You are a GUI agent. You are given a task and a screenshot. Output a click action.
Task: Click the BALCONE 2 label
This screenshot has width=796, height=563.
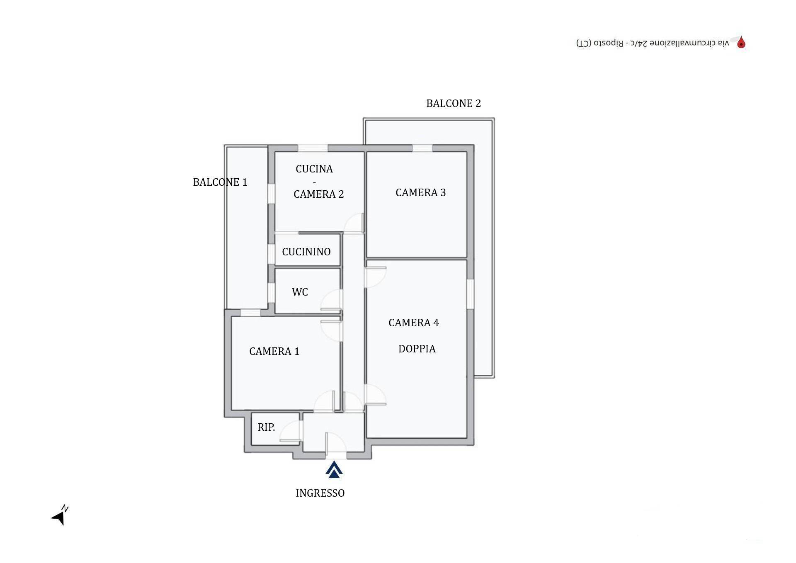click(454, 103)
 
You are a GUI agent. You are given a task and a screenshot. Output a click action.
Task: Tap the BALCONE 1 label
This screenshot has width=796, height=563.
click(220, 182)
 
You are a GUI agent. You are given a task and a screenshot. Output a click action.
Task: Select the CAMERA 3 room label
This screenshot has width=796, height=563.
click(420, 192)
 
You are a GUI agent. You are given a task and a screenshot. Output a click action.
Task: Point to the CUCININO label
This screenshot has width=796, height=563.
click(306, 252)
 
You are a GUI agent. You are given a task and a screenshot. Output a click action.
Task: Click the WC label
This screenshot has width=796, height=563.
click(300, 292)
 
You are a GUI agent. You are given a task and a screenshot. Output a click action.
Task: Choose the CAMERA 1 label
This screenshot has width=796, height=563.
click(274, 351)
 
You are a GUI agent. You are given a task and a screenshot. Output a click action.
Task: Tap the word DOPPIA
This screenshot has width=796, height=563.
click(417, 349)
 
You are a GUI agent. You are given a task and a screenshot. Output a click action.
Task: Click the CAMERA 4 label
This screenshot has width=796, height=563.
click(413, 323)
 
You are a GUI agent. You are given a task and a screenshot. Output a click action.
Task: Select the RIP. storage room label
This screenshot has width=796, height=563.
click(266, 427)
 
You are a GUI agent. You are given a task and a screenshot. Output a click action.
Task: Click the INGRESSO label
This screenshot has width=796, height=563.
click(320, 493)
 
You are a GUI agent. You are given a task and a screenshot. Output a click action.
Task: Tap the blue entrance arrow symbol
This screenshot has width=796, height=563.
click(334, 470)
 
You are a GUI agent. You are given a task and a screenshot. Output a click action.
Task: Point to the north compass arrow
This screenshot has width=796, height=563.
click(60, 516)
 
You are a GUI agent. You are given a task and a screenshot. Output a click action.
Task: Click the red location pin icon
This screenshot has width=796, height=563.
click(741, 42)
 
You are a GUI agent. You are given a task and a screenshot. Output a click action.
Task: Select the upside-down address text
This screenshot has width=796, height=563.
click(653, 43)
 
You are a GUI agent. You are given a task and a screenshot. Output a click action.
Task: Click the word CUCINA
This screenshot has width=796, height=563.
click(314, 169)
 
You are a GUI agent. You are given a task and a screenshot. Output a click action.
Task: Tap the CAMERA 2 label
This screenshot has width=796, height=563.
click(318, 194)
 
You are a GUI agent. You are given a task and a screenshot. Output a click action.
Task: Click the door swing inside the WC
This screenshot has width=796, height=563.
click(332, 300)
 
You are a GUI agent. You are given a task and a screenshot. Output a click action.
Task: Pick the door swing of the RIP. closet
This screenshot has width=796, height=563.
click(290, 431)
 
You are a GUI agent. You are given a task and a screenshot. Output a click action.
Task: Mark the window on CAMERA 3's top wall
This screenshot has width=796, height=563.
click(422, 148)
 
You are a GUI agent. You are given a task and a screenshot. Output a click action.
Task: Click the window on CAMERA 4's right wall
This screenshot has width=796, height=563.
click(471, 294)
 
